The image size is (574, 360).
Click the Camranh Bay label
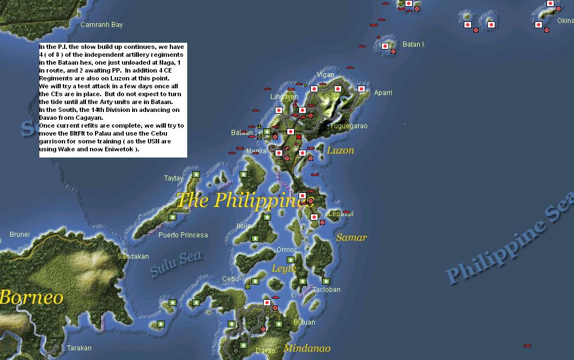[101, 25]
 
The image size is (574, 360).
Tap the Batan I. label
[414, 44]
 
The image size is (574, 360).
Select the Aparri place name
[383, 93]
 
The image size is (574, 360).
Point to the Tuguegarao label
[349, 126]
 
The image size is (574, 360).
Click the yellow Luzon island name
[340, 150]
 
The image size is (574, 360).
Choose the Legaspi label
[341, 214]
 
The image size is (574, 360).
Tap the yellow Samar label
[351, 237]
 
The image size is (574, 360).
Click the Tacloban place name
[327, 290]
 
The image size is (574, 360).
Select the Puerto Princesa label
[183, 235]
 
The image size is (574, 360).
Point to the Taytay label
[173, 178]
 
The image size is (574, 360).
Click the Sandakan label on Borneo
[133, 256]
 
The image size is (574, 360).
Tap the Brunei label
[20, 235]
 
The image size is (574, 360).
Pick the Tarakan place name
[79, 348]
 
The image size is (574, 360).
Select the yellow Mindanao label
[307, 348]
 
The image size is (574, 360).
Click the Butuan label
[304, 322]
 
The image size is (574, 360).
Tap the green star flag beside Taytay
[196, 174]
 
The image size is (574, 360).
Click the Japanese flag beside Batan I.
[385, 46]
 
